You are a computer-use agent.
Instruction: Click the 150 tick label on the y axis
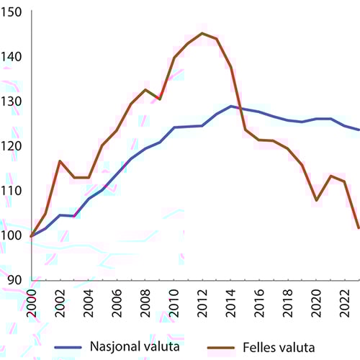pos(14,12)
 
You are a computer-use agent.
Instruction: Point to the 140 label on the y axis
pos(14,57)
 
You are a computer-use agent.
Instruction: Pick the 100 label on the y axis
pos(14,235)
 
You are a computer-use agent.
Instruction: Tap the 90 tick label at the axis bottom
pos(17,280)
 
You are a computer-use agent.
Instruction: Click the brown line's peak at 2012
pos(202,33)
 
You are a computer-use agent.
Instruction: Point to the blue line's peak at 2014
pos(231,107)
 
